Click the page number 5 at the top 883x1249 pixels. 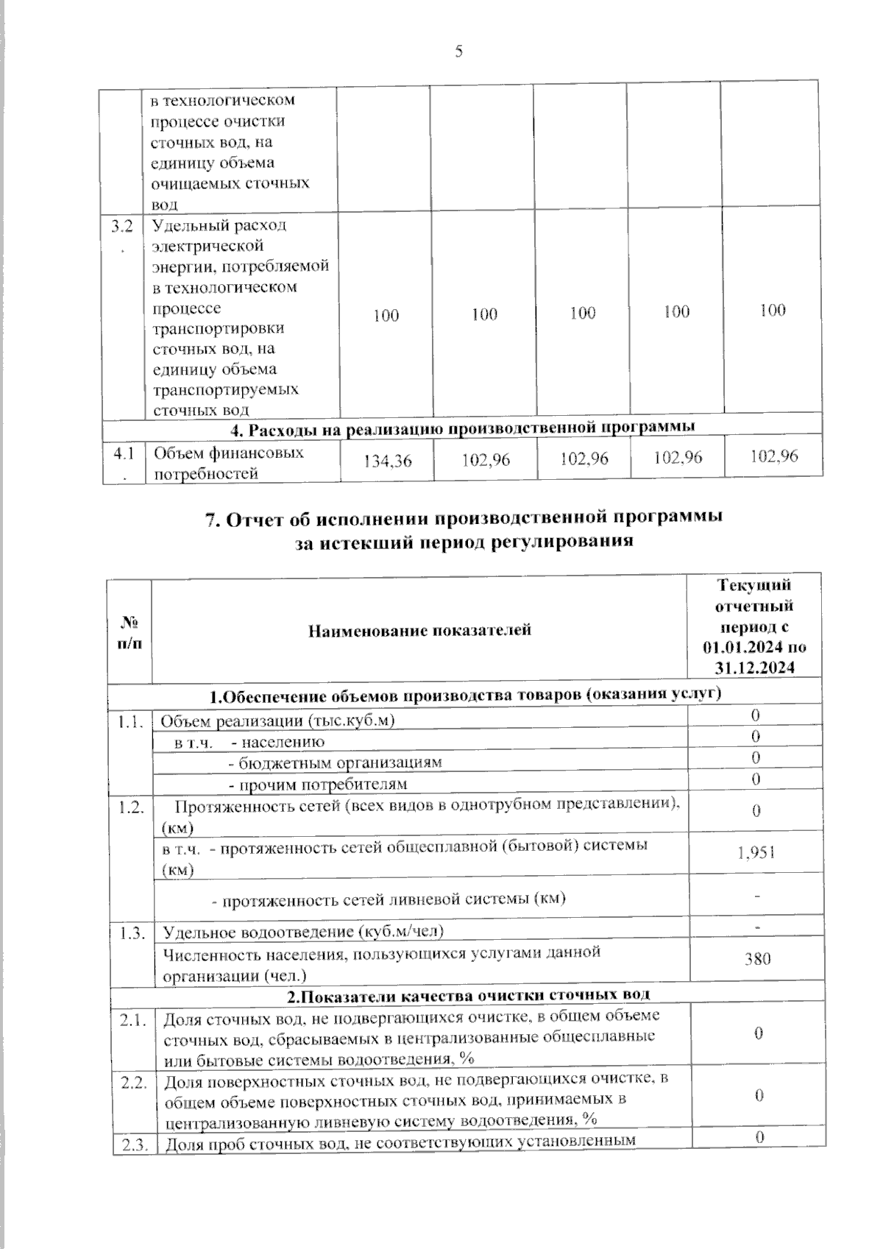[x=458, y=51]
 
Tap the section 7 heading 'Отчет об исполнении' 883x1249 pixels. [x=464, y=518]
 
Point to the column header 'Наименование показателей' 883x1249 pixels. [x=419, y=630]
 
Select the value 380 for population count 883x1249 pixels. [x=757, y=960]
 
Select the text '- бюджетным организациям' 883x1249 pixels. [x=335, y=763]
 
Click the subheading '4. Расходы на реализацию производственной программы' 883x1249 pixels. [x=462, y=427]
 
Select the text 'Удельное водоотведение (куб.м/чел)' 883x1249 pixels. [x=302, y=933]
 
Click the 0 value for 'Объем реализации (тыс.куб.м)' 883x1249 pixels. [x=756, y=716]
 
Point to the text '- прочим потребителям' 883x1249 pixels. [x=318, y=784]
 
